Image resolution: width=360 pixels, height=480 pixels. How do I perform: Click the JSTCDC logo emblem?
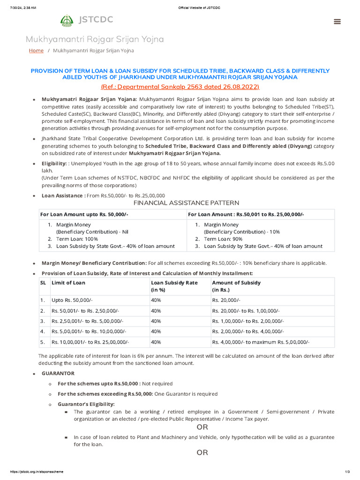[67, 21]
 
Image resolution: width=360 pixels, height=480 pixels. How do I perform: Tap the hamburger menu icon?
[337, 22]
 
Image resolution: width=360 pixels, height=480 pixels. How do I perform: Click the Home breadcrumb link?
[36, 51]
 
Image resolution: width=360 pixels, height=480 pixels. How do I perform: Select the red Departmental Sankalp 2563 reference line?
[180, 87]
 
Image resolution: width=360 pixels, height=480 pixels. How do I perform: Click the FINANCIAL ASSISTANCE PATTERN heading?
[186, 203]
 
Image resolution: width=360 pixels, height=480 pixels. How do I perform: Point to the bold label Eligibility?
[54, 163]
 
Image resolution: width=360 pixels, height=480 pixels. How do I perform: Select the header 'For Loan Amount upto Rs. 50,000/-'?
[84, 214]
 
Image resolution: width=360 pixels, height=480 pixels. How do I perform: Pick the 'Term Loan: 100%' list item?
[76, 239]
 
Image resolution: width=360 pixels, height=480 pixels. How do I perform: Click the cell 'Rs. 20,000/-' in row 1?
[227, 300]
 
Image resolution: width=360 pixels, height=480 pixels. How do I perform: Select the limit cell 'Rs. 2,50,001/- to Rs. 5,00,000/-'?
[87, 321]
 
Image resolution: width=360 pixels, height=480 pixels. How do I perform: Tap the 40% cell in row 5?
[156, 343]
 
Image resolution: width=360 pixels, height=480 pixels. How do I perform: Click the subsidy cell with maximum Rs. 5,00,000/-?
[261, 343]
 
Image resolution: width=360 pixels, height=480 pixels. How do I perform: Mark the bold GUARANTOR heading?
[58, 374]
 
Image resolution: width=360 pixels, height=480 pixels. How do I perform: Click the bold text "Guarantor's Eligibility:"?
[86, 404]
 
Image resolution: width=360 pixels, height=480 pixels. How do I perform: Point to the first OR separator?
[202, 427]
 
